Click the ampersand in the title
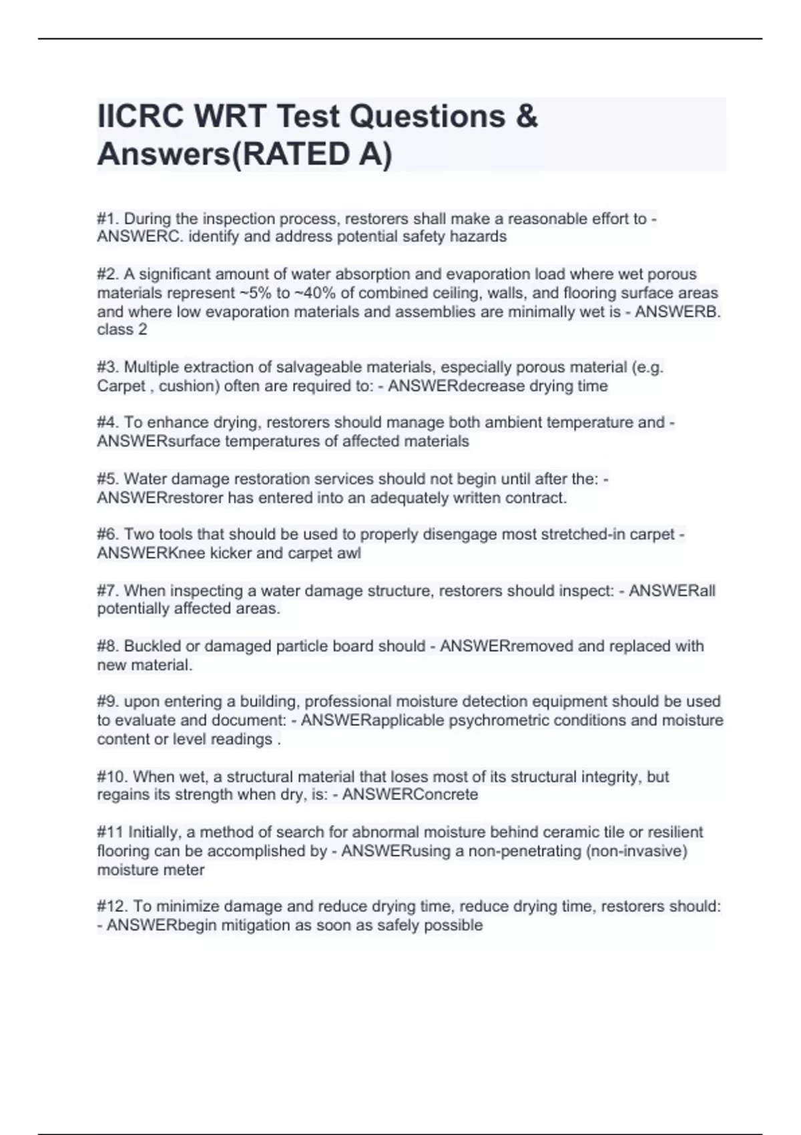527,116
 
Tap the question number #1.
108,218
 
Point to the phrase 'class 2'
122,329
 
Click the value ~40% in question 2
314,292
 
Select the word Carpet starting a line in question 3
121,386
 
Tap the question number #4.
108,423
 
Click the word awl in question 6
350,553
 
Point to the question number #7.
108,590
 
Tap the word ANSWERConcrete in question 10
410,794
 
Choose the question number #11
110,832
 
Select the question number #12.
113,906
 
